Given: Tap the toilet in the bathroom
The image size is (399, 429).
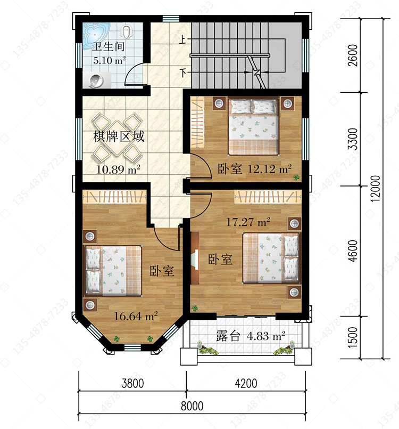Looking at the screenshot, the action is [x=127, y=32].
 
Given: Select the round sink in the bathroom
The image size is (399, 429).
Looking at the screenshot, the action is [x=96, y=80].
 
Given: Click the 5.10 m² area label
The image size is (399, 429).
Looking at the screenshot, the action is [x=109, y=60].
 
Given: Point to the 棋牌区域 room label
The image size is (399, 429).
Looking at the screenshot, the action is [x=119, y=136].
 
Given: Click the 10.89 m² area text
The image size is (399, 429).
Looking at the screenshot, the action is [x=118, y=169].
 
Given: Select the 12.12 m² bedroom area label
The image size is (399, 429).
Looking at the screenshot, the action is [x=269, y=168].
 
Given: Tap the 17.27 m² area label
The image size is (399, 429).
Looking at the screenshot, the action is [x=248, y=222].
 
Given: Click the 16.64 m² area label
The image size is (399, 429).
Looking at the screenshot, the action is [x=136, y=316].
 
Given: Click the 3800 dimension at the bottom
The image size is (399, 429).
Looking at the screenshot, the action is [x=132, y=383].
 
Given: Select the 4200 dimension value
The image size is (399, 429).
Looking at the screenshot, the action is [x=246, y=383].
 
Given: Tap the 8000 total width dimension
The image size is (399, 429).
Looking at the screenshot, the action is [x=192, y=406].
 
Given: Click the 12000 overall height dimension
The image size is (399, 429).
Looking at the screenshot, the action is [x=376, y=189].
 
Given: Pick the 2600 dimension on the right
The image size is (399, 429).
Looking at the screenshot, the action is [x=353, y=55].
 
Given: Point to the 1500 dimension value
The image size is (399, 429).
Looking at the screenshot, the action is [x=353, y=337].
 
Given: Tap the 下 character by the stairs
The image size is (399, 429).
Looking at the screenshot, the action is [x=182, y=73].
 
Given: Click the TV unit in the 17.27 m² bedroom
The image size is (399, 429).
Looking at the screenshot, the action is [x=195, y=258].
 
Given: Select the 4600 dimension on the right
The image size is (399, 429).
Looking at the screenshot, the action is [x=353, y=251].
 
